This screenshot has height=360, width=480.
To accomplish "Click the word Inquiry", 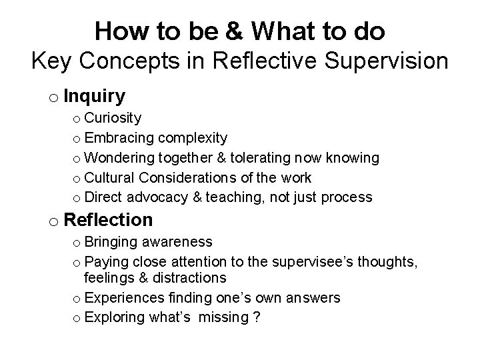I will tap(95, 97).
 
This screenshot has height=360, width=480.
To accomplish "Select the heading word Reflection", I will tap(109, 219).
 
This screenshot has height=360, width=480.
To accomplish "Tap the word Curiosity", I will tap(113, 118).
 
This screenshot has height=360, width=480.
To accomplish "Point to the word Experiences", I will tap(125, 297).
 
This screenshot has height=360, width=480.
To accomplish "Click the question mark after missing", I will tap(256, 317).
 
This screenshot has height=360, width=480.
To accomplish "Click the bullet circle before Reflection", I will tap(52, 221).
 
